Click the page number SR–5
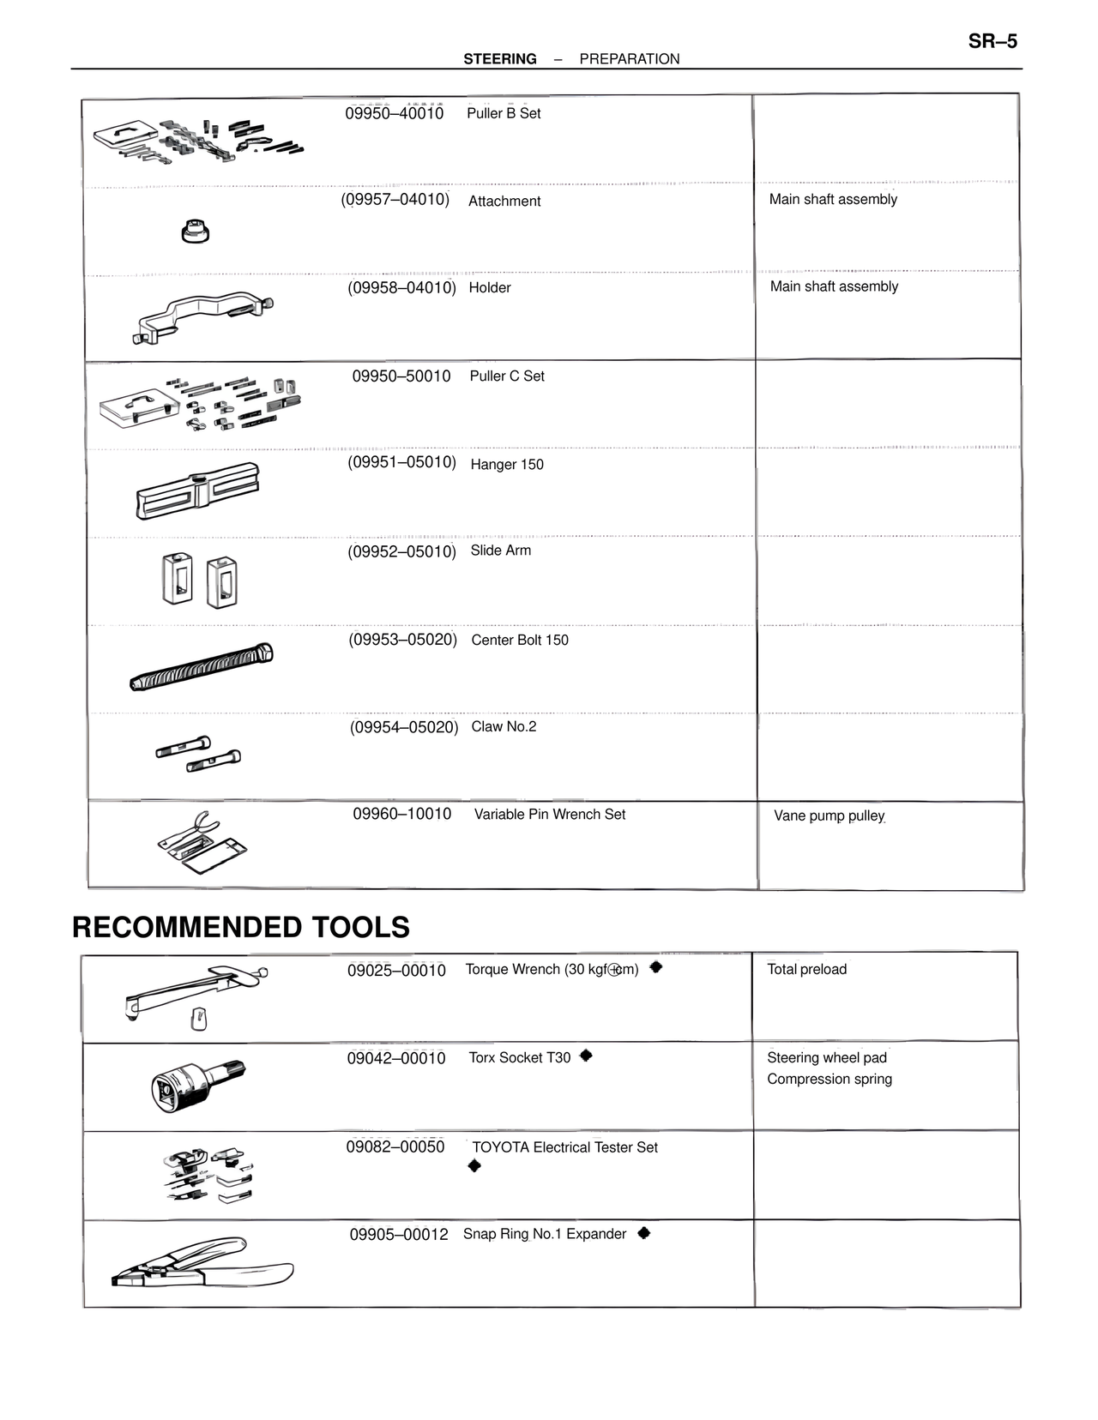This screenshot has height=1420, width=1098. (x=992, y=41)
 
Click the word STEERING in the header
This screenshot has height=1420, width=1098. (x=500, y=59)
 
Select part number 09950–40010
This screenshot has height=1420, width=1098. (x=395, y=113)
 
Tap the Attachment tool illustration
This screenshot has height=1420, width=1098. (x=196, y=232)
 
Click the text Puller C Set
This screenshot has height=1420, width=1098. (x=507, y=376)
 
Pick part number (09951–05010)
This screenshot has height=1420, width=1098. (x=401, y=462)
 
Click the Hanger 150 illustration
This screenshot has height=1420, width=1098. (x=197, y=491)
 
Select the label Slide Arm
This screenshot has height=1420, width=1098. (x=500, y=551)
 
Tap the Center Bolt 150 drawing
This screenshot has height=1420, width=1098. (x=202, y=667)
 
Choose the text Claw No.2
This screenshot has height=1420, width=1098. (x=504, y=727)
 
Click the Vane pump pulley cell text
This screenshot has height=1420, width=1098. (x=829, y=815)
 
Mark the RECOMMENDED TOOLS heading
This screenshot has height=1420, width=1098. (x=241, y=927)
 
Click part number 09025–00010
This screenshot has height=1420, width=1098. (x=396, y=971)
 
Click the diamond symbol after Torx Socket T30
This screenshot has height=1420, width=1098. (x=586, y=1056)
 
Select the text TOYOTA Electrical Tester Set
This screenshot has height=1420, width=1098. (x=564, y=1147)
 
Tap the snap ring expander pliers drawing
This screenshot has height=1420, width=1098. (x=202, y=1263)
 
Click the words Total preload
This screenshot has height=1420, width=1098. (x=806, y=970)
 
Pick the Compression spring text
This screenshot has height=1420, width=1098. (x=830, y=1080)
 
